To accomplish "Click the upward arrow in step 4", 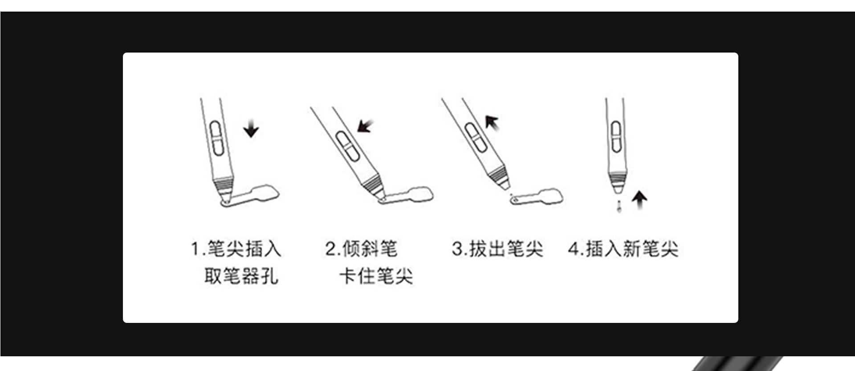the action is [639, 200].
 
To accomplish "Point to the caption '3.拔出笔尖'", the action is [497, 249].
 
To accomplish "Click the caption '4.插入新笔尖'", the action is [623, 249].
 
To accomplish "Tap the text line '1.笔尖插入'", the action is [236, 249].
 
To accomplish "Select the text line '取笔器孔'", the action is [241, 276].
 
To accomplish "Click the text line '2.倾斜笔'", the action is [361, 249].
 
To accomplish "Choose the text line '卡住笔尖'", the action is [376, 276].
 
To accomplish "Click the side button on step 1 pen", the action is [216, 138].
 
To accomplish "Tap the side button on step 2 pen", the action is [348, 145].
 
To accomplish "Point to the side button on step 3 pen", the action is [475, 136].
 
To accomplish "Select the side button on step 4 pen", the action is [616, 136].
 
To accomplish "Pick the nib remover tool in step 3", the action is [537, 197].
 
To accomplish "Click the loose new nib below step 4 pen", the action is [618, 206].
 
